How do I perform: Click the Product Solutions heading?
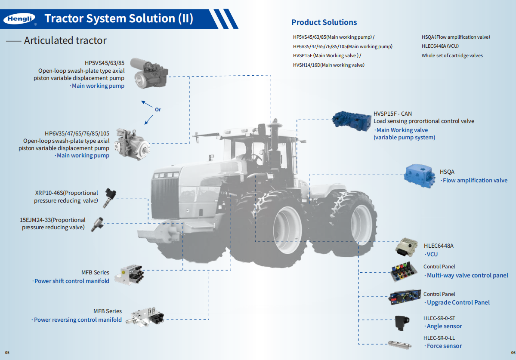(324, 22)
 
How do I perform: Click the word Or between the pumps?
(158, 110)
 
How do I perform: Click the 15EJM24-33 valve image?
(98, 224)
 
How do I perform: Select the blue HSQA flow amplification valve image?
(420, 176)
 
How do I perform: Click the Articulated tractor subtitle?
(65, 41)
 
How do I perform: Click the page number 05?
(7, 353)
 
